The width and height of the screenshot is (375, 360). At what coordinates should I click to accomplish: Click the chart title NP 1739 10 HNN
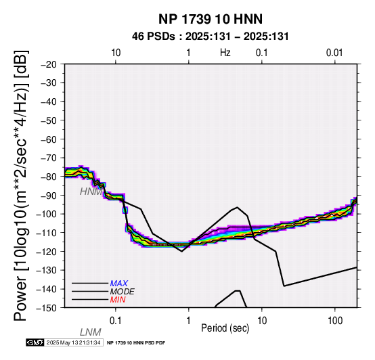tap(211, 19)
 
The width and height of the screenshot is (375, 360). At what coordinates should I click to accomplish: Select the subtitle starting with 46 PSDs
tap(211, 37)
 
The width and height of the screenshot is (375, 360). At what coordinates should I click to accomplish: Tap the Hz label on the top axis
tap(225, 53)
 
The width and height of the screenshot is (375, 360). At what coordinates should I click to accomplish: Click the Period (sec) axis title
tap(225, 328)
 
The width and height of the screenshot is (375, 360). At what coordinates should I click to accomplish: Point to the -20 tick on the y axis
tap(49, 64)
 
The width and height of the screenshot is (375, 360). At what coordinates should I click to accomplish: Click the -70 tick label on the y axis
tap(49, 158)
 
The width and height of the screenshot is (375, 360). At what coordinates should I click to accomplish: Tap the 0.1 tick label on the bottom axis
tap(116, 321)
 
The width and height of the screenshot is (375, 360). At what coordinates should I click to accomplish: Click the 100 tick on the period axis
tap(335, 321)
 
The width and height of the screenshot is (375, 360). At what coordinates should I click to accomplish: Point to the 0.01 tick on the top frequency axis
tap(334, 53)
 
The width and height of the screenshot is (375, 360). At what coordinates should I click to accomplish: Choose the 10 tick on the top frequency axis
tap(116, 53)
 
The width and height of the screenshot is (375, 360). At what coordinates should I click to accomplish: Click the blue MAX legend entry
tap(119, 284)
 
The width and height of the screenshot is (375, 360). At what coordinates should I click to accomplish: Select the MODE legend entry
tap(123, 292)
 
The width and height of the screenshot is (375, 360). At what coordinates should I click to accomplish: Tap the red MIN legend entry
tap(118, 300)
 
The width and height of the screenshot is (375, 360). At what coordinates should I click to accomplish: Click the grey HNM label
tap(91, 192)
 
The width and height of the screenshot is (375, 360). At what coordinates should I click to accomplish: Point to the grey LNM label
tap(91, 332)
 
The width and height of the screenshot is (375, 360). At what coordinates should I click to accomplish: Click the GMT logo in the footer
tap(35, 342)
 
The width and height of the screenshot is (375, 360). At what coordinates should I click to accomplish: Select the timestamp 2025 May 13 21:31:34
tap(73, 342)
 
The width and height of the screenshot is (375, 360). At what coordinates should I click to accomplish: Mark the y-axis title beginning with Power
tap(21, 185)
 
